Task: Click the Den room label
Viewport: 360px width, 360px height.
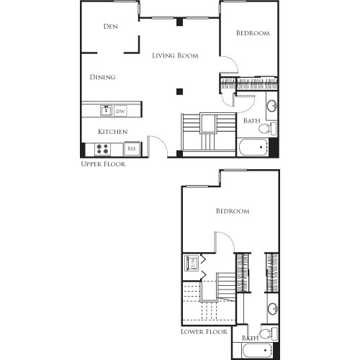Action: pos(110,27)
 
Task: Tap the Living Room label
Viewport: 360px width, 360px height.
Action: pos(175,55)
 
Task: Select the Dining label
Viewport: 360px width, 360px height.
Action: pos(103,77)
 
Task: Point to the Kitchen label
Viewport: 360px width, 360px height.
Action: pos(113,132)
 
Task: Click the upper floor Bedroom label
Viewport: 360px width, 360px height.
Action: pos(253,33)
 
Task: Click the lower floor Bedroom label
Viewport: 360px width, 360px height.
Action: pos(233,211)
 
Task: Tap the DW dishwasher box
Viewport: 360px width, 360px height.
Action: pos(120,111)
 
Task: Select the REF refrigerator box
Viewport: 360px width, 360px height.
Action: pos(132,150)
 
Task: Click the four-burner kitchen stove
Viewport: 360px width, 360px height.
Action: pos(102,150)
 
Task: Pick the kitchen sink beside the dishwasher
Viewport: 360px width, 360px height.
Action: pos(105,111)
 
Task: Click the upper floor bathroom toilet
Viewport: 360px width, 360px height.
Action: pos(265,129)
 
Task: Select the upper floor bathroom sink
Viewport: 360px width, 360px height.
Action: pos(271,107)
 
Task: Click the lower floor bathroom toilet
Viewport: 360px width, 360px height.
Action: pos(265,333)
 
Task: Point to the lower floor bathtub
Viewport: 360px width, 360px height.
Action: pos(253,351)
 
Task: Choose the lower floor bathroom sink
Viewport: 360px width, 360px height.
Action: pos(271,310)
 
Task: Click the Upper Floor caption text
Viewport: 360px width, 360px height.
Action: pos(103,164)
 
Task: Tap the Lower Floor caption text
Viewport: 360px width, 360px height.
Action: pos(204,332)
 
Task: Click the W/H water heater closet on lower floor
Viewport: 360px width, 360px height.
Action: pos(192,263)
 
